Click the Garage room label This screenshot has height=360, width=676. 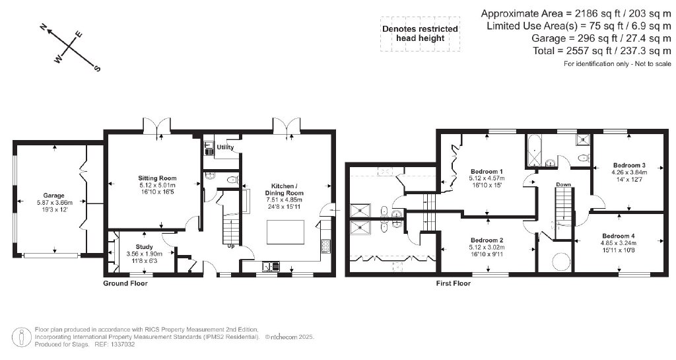pyautogui.click(x=53, y=196)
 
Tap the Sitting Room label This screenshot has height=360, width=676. pyautogui.click(x=157, y=178)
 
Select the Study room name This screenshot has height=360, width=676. pyautogui.click(x=144, y=247)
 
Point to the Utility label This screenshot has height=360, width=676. pyautogui.click(x=226, y=147)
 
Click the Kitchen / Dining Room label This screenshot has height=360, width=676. pyautogui.click(x=284, y=190)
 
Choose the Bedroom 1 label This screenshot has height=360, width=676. pyautogui.click(x=487, y=171)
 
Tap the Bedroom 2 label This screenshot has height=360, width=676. pyautogui.click(x=487, y=240)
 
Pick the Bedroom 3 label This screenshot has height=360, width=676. pyautogui.click(x=629, y=165)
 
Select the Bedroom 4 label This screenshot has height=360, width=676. pyautogui.click(x=619, y=236)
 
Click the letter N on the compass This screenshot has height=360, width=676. pyautogui.click(x=43, y=28)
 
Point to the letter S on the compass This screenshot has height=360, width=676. pyautogui.click(x=97, y=68)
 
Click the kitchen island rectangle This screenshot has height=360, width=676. pyautogui.click(x=285, y=232)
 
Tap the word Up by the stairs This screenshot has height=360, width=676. pyautogui.click(x=231, y=246)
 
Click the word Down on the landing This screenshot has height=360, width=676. pyautogui.click(x=563, y=184)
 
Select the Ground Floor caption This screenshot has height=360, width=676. pyautogui.click(x=125, y=283)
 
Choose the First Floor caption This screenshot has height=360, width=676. pyautogui.click(x=453, y=283)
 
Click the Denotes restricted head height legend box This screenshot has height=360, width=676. pyautogui.click(x=420, y=34)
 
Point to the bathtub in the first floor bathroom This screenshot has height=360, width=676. pyautogui.click(x=534, y=151)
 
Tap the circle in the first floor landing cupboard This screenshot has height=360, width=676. pyautogui.click(x=561, y=261)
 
